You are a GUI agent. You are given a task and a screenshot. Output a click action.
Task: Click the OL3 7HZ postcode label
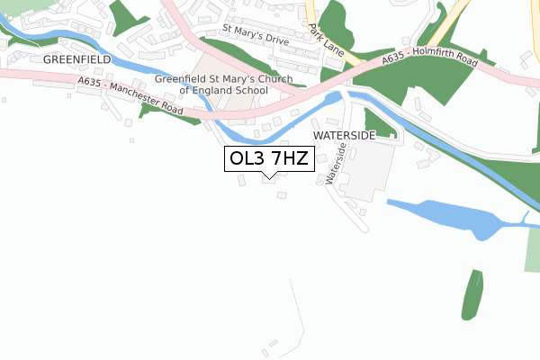[267, 159]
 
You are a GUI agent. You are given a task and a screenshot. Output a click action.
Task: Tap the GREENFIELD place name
[76, 58]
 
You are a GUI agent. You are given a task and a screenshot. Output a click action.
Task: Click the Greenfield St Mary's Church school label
[225, 85]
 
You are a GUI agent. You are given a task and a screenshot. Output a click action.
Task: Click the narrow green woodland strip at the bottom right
[472, 294]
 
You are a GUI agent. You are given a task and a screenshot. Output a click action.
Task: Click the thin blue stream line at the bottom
[296, 315]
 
